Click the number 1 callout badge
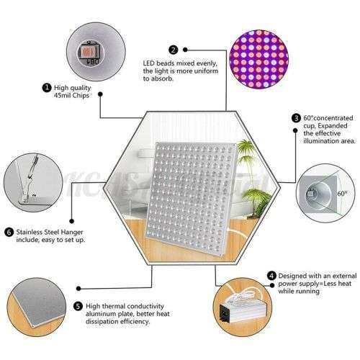pos(47,89)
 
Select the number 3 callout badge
pos(296,118)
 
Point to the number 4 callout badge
pos(271,275)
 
